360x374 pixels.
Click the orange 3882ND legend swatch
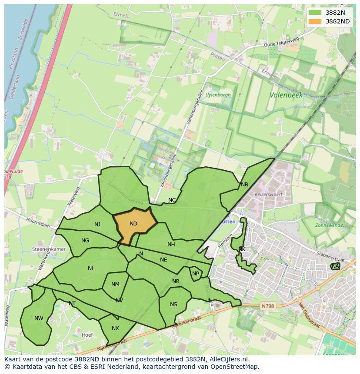316,21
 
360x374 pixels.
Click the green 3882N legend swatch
316,13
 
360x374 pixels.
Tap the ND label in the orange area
133,224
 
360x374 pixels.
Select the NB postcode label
244,185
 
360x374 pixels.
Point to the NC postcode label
172,200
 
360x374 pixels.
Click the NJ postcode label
97,225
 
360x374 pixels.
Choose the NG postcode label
85,241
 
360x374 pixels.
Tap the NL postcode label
91,268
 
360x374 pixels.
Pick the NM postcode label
115,285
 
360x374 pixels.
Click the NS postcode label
173,304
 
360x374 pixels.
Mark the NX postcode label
115,328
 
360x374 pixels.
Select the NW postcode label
39,318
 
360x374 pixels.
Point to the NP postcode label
196,274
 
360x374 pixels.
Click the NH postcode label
171,245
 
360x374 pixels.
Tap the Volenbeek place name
286,95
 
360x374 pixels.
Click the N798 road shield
268,306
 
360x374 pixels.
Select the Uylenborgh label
218,95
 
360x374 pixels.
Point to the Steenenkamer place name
49,250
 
